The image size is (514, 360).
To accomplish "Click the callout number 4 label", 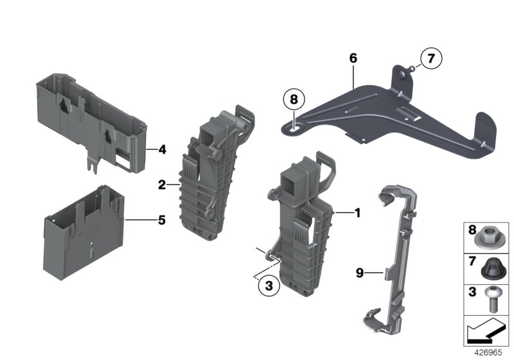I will [x=162, y=150].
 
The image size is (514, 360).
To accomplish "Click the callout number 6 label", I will [x=353, y=58].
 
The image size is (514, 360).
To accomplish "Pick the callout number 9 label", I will [x=360, y=273].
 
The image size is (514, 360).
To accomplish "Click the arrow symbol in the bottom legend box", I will [x=485, y=332].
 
